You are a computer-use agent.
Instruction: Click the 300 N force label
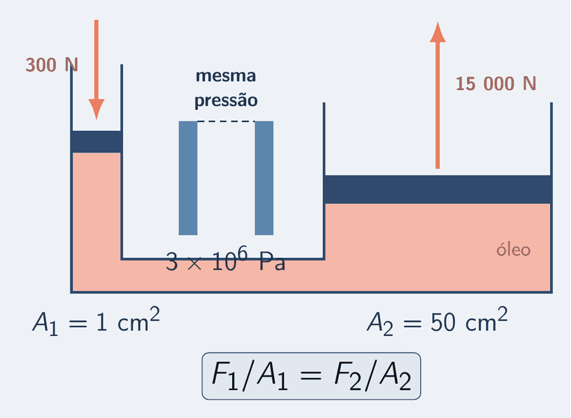[x=52, y=65]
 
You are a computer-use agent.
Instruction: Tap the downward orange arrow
[x=96, y=70]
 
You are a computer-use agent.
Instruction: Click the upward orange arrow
[x=438, y=95]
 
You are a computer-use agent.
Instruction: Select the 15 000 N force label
[x=496, y=83]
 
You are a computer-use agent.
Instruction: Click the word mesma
[x=226, y=76]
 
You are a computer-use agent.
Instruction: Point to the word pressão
[x=226, y=100]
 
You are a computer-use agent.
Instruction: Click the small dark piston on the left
[x=96, y=142]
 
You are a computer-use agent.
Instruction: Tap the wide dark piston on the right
[x=437, y=189]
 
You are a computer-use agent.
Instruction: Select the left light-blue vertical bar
[x=188, y=178]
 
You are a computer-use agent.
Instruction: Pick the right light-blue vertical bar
[x=264, y=178]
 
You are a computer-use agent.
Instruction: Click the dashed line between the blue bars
[x=226, y=121]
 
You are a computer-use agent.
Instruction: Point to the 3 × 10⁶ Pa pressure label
[x=225, y=259]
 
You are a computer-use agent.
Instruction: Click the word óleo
[x=513, y=250]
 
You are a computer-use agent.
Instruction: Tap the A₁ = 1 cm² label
[x=96, y=321]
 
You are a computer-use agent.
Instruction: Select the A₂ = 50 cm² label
[x=437, y=321]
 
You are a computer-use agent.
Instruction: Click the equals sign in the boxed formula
[x=312, y=375]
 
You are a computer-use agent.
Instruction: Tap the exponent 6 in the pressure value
[x=242, y=252]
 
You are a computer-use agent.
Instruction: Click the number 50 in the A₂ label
[x=443, y=323]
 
